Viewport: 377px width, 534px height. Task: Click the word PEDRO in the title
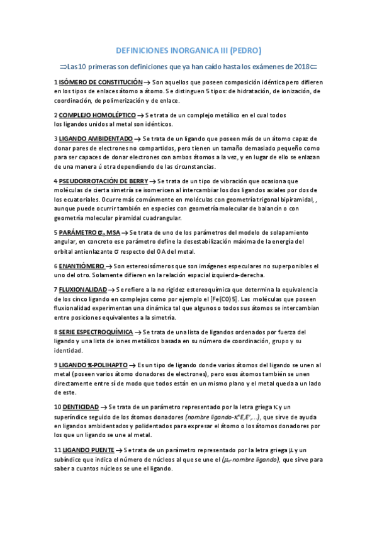click(244, 50)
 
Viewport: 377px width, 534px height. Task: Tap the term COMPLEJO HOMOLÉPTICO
click(97, 115)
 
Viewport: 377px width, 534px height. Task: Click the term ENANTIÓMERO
click(81, 266)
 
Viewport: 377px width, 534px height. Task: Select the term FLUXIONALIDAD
click(82, 288)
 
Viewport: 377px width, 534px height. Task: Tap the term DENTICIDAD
click(79, 407)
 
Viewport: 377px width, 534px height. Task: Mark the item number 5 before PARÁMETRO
click(55, 232)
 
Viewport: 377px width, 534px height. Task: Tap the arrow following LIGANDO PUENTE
click(119, 450)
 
